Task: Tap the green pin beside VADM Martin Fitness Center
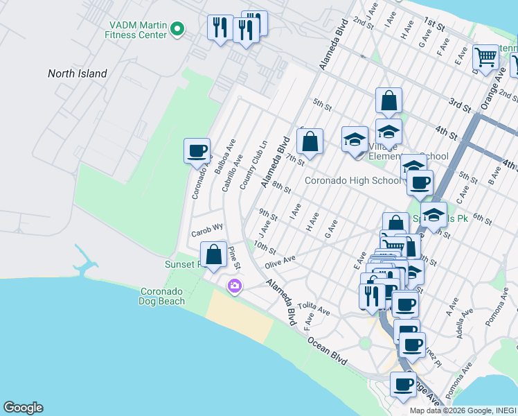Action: click(x=177, y=29)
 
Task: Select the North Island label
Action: click(x=77, y=73)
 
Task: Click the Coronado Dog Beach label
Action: click(x=163, y=296)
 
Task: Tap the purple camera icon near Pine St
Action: click(x=234, y=286)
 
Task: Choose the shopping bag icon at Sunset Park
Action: click(x=214, y=254)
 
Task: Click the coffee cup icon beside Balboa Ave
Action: click(x=197, y=150)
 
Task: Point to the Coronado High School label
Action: click(x=352, y=181)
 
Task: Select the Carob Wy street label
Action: click(x=208, y=227)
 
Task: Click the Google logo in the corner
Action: click(x=23, y=408)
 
